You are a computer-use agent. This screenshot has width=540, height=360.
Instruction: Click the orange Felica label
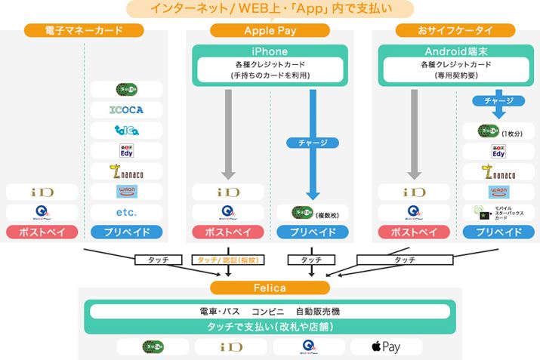point(270,288)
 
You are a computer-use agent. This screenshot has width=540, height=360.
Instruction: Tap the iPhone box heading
point(270,51)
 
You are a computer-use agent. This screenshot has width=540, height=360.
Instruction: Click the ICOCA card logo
point(126,109)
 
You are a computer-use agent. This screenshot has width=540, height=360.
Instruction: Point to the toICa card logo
point(126,130)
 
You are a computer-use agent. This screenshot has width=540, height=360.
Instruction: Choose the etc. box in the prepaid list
point(126,211)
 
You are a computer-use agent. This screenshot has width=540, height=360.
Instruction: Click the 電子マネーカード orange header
point(84,30)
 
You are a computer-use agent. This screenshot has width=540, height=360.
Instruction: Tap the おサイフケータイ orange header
point(455,30)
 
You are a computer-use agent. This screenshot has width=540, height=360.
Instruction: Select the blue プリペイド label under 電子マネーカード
point(126,232)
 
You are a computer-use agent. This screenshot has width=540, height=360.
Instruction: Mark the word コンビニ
point(268,311)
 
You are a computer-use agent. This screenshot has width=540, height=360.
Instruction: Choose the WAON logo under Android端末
point(498,192)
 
